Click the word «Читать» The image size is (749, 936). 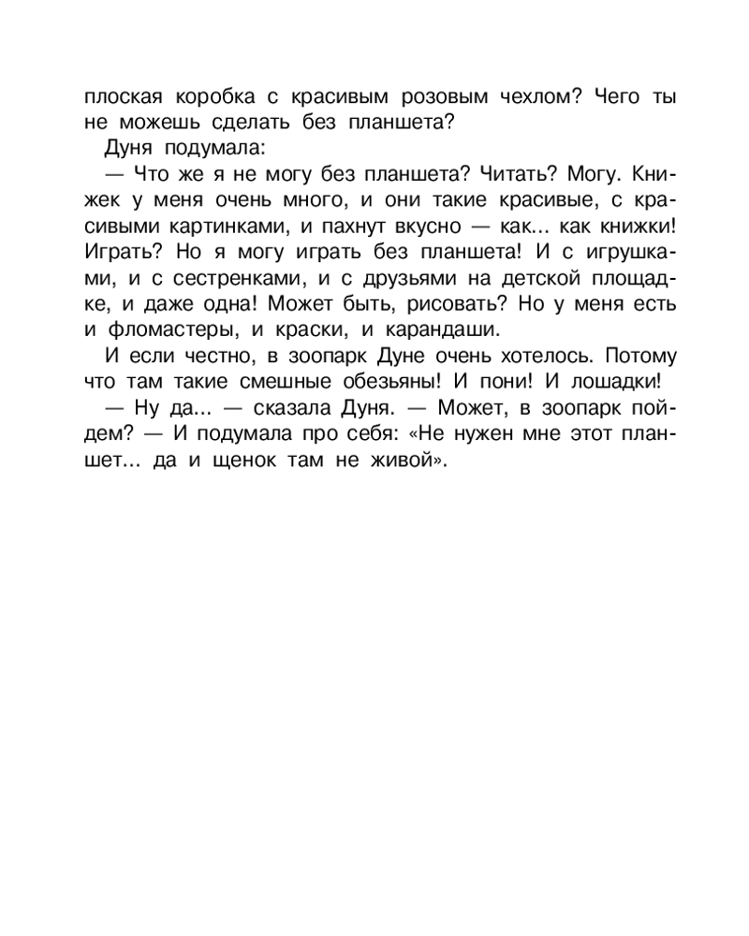pyautogui.click(x=506, y=174)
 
